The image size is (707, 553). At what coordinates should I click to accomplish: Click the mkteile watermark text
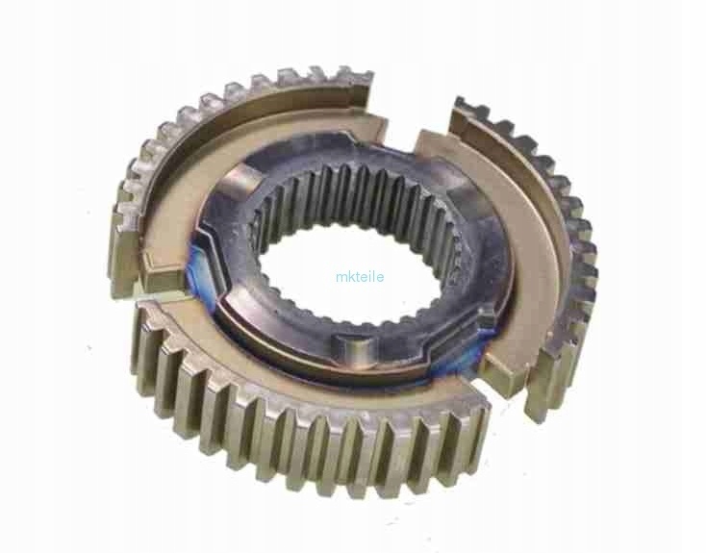click(x=361, y=276)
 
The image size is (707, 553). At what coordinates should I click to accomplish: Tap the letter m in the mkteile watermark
click(x=341, y=277)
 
